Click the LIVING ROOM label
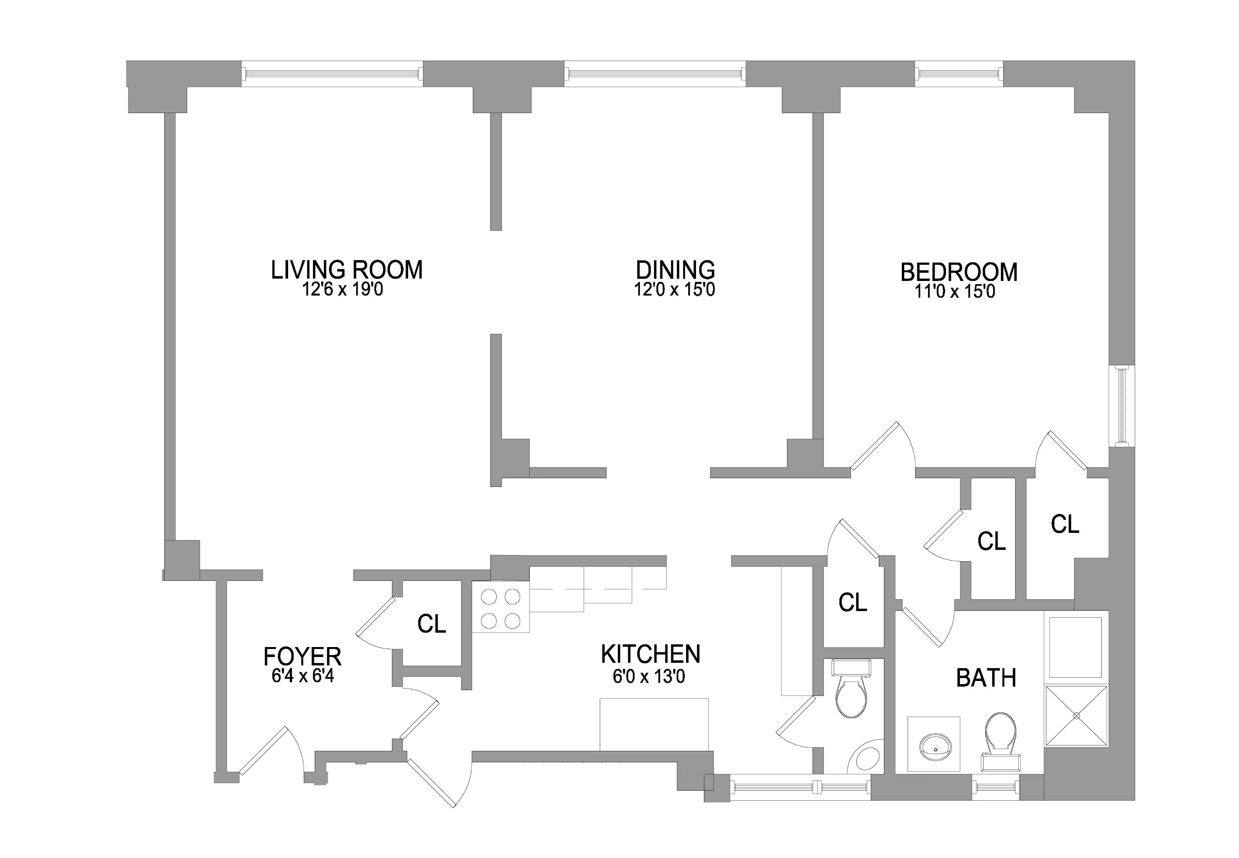346,270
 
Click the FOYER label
302,656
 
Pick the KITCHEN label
650,654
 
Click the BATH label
986,678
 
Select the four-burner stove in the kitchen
500,609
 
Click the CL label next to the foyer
431,624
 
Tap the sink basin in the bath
936,747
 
